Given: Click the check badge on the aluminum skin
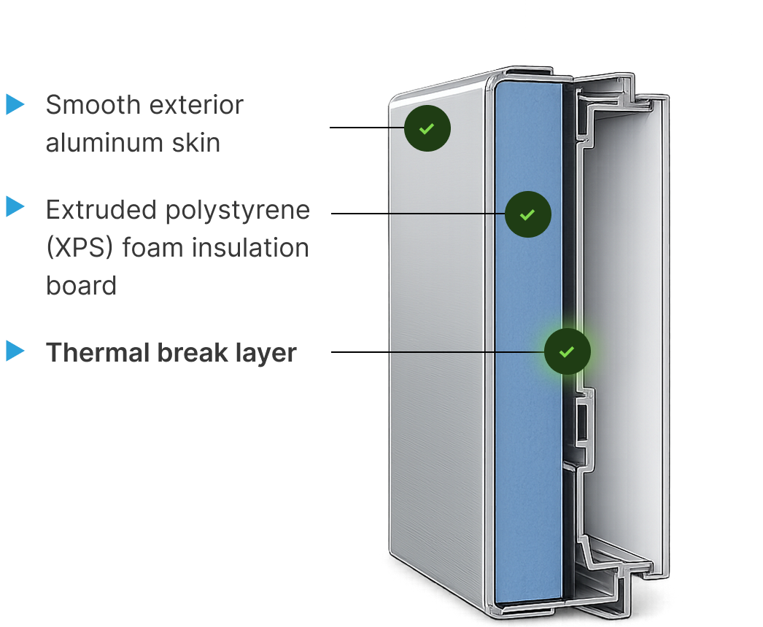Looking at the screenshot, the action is point(427,128).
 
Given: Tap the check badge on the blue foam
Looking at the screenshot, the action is point(528,214).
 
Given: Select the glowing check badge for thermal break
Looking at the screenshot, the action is point(568,351).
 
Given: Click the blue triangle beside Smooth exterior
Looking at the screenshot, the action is point(15,104).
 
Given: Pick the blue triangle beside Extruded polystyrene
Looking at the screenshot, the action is point(15,207).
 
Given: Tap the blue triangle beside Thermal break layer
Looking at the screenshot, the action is point(15,351).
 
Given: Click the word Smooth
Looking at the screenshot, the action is point(93,105).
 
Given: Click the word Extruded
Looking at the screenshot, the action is point(101,210).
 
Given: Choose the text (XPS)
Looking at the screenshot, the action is point(80,248).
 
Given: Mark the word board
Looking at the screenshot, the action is point(81,286).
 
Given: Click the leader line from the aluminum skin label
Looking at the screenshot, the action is point(367,128).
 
